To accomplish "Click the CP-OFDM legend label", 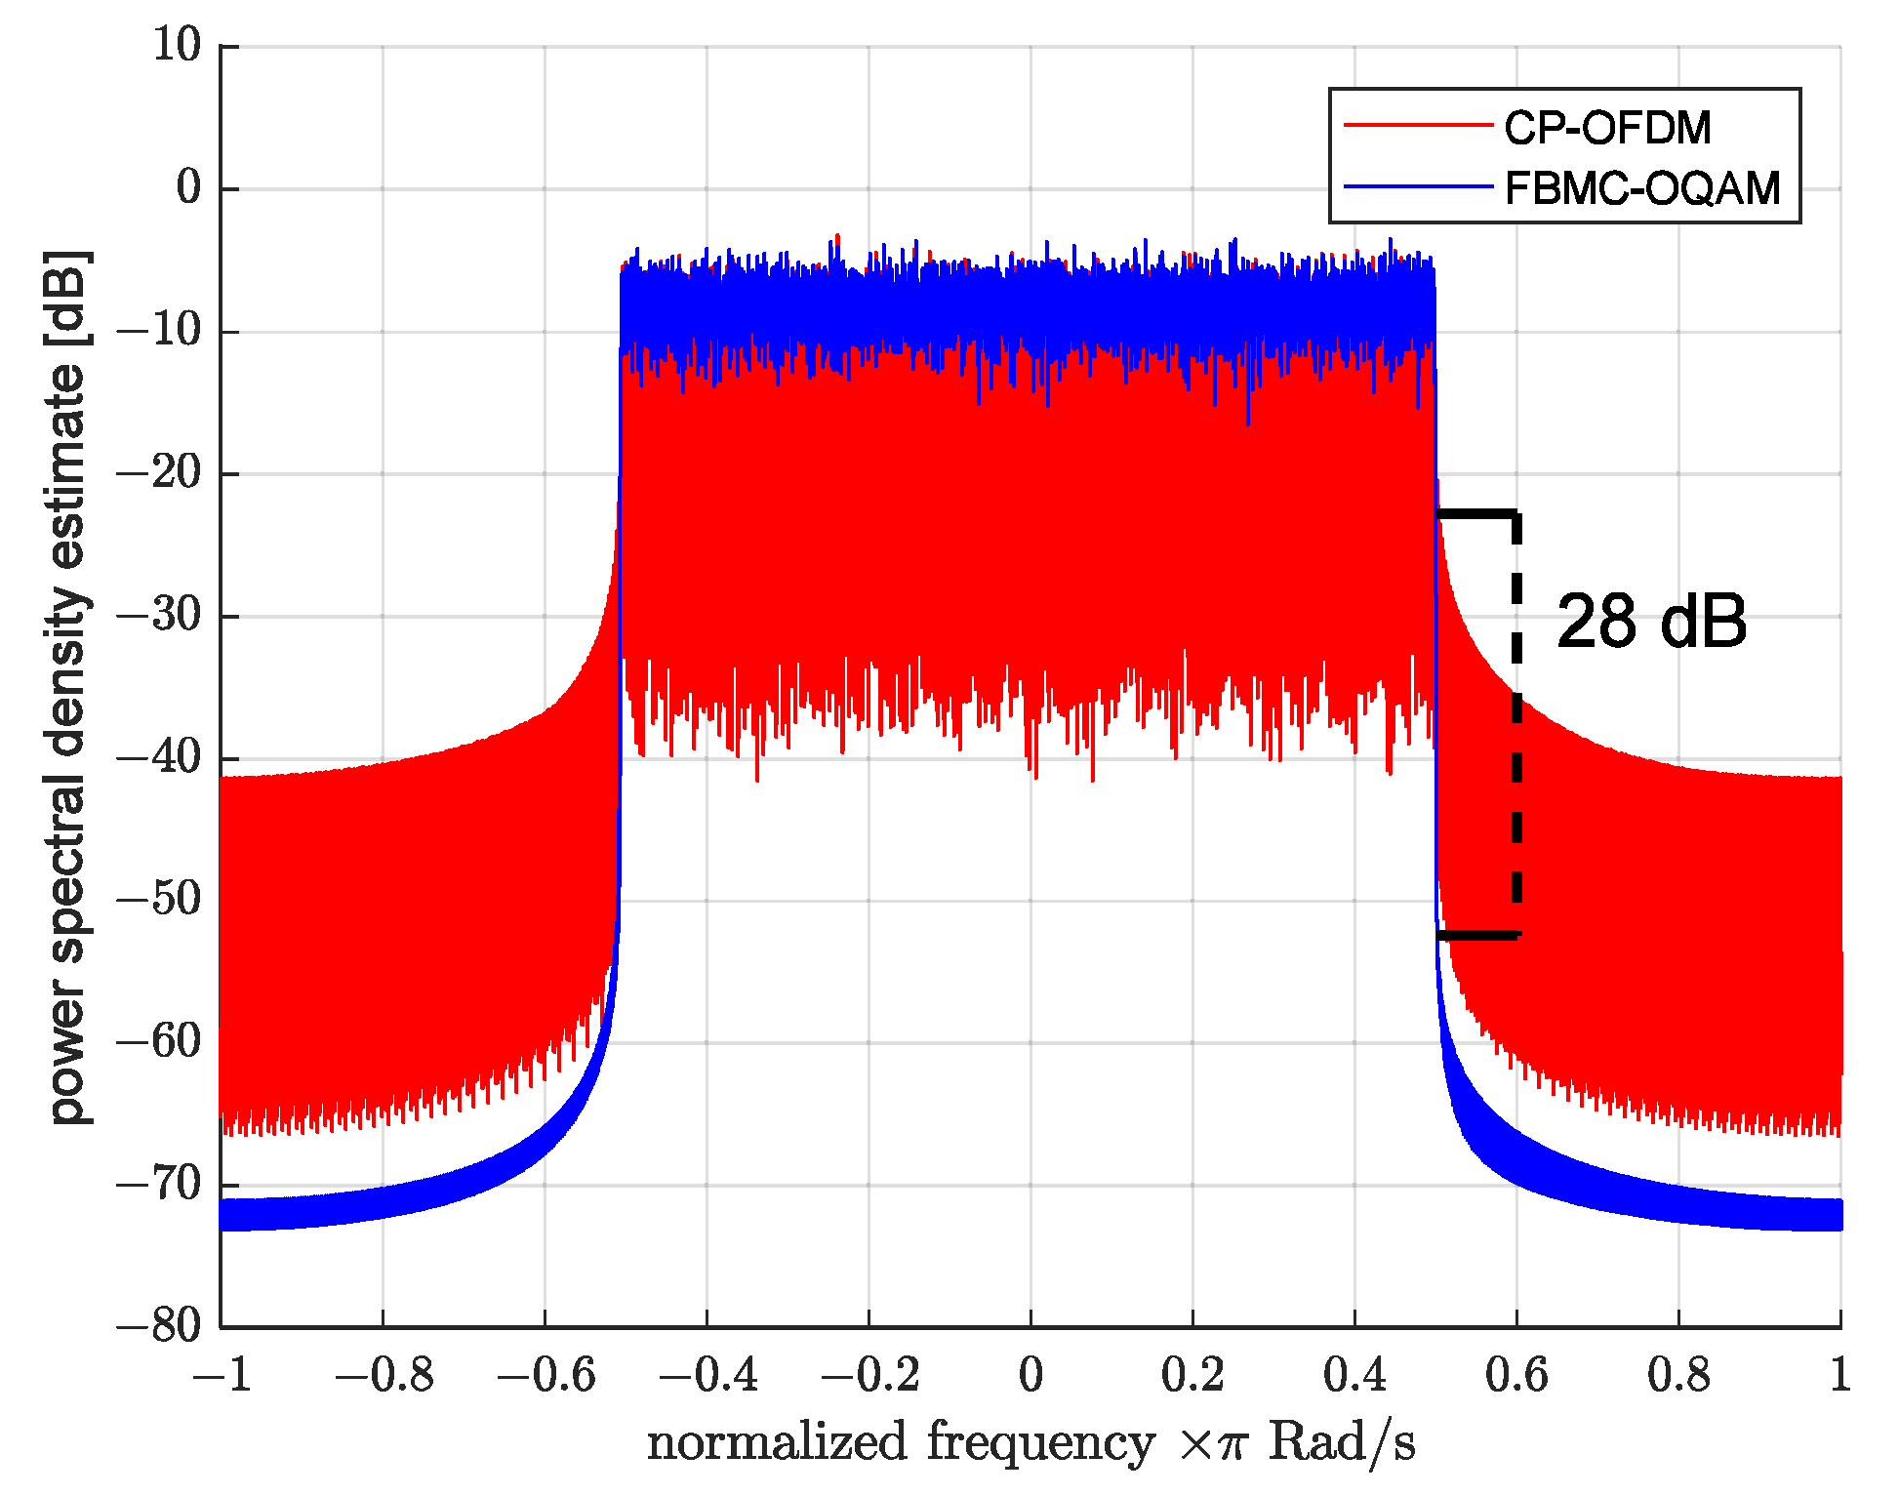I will pyautogui.click(x=1607, y=128).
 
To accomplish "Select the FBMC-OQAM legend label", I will pyautogui.click(x=1642, y=188).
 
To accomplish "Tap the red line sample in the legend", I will pyautogui.click(x=1418, y=125).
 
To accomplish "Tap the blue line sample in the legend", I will pyautogui.click(x=1418, y=186).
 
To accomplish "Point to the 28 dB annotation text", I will pyautogui.click(x=1651, y=622).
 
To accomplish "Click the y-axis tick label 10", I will pyautogui.click(x=177, y=46).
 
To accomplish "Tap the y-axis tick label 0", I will pyautogui.click(x=188, y=187).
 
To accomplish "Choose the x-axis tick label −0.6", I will pyautogui.click(x=545, y=1376).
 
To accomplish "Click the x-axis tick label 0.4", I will pyautogui.click(x=1355, y=1376).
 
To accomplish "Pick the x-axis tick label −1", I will pyautogui.click(x=222, y=1376).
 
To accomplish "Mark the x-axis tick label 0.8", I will pyautogui.click(x=1679, y=1376).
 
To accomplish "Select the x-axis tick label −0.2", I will pyautogui.click(x=869, y=1376).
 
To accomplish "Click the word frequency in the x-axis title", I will pyautogui.click(x=1040, y=1443).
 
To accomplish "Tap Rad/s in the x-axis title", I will pyautogui.click(x=1341, y=1443).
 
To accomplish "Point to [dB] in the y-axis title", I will pyautogui.click(x=68, y=299).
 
